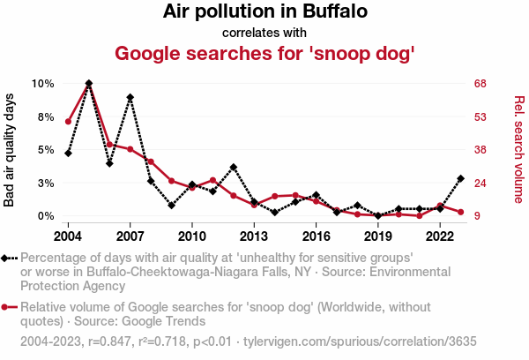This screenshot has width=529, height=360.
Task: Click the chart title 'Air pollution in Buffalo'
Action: pyautogui.click(x=264, y=12)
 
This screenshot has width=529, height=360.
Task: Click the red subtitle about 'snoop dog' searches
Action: pyautogui.click(x=264, y=53)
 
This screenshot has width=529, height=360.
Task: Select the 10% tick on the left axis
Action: pyautogui.click(x=43, y=83)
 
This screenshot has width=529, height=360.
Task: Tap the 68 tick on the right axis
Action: pyautogui.click(x=480, y=83)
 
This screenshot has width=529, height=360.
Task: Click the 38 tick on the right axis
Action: pyautogui.click(x=480, y=150)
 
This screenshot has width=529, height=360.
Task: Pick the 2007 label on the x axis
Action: pyautogui.click(x=130, y=236)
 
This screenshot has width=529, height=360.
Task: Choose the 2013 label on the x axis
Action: pyautogui.click(x=254, y=236)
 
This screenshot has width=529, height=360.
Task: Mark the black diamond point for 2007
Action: pyautogui.click(x=130, y=97)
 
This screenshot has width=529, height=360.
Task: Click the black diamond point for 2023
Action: pyautogui.click(x=461, y=178)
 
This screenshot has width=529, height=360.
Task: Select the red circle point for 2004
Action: pyautogui.click(x=68, y=121)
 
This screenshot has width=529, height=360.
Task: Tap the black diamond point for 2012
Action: pyautogui.click(x=234, y=167)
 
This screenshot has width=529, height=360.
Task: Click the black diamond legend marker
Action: pyautogui.click(x=8, y=258)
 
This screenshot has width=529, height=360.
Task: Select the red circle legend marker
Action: pyautogui.click(x=8, y=307)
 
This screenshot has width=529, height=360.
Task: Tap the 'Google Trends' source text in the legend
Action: pyautogui.click(x=145, y=321)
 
